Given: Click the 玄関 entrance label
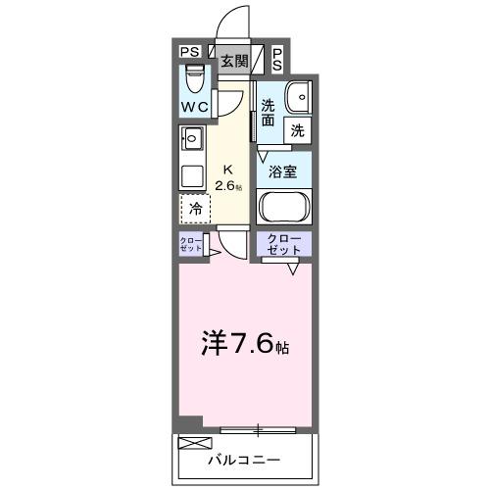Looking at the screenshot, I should pos(234,61).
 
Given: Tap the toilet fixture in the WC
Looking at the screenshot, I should pos(193,74).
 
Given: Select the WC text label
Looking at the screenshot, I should pos(193,104).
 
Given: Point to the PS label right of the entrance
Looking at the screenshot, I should pos(278,60).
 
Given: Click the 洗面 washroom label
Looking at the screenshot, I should pos(269,111).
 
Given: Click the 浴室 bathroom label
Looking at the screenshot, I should pos(283,170).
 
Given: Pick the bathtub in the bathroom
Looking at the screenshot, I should pos(284,209).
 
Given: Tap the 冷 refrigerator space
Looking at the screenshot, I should pos(196,208).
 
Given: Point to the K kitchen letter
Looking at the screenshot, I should pos(229,167).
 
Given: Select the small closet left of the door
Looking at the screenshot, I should pos(190,244).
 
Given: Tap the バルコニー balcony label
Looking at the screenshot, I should pos(245,459).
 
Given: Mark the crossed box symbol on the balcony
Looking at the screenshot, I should pos(189,444).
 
